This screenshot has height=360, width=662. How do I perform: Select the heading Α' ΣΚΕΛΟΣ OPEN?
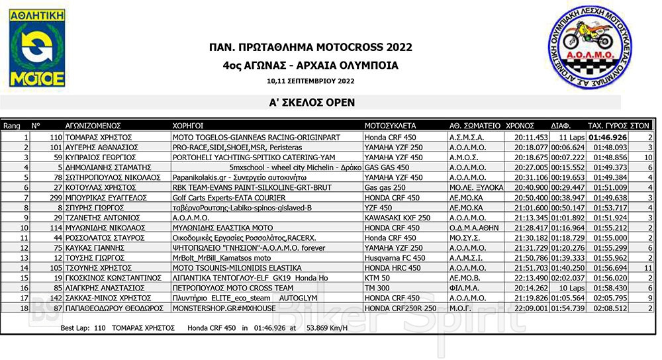click(x=310, y=103)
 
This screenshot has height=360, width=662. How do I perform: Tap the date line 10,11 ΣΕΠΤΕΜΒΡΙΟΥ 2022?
click(x=310, y=81)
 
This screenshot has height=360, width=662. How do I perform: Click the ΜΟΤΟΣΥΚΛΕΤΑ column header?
click(x=390, y=124)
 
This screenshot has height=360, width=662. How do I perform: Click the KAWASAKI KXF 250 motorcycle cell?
click(x=397, y=217)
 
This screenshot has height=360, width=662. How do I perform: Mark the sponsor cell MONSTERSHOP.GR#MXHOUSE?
click(x=218, y=308)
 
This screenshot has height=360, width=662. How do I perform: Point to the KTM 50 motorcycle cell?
click(x=377, y=278)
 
